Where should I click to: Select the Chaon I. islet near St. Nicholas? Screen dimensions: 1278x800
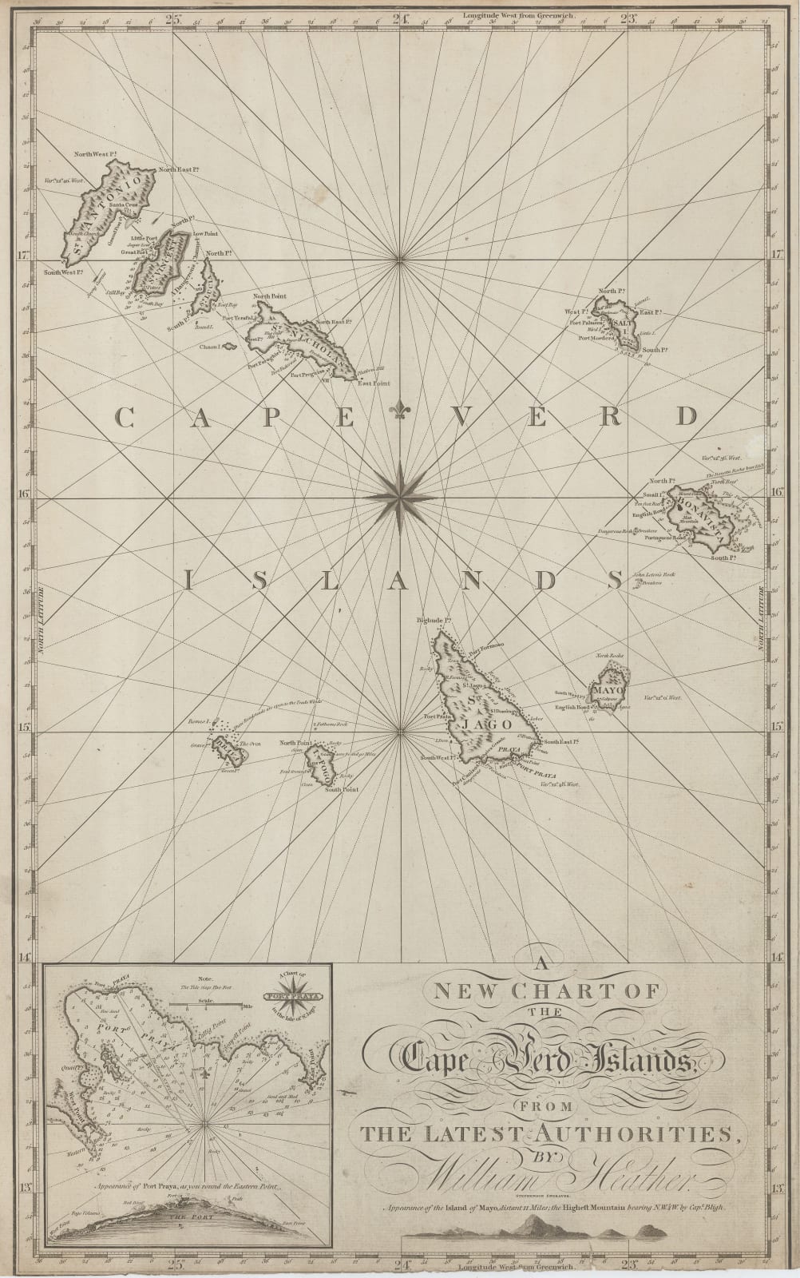coord(227,347)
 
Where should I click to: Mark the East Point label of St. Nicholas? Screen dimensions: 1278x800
coord(370,384)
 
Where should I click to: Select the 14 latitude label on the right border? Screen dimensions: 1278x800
coord(778,956)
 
